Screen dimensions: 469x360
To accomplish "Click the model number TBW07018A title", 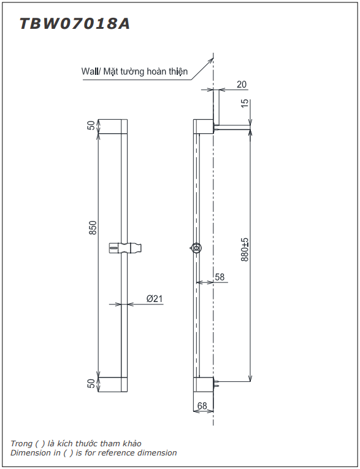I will coord(74,24).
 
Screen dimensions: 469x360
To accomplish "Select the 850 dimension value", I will coord(93,228).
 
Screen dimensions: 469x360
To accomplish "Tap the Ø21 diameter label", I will coord(154,298).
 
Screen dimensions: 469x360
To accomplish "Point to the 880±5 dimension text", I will coord(245,250).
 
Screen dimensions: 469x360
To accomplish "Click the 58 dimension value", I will coord(220,277).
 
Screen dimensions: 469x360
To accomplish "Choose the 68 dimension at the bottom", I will coord(203,406).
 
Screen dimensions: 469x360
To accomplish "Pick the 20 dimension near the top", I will coord(241,84).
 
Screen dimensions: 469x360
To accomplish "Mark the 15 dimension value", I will coord(245,103).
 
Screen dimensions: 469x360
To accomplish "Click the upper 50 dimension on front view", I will coord(91,125).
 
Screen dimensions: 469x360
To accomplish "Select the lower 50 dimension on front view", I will coord(91,384).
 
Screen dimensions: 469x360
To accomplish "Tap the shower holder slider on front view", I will coord(125,248).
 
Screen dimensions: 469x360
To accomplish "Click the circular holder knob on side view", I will coord(196,248).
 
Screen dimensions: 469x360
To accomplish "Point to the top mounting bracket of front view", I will coord(113,126).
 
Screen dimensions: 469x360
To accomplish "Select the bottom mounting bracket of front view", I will coord(113,384).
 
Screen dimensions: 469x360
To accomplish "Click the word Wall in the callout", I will coord(90,71).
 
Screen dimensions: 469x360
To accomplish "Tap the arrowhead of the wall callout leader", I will coord(212,60).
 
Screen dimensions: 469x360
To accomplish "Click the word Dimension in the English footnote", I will coord(30,453).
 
